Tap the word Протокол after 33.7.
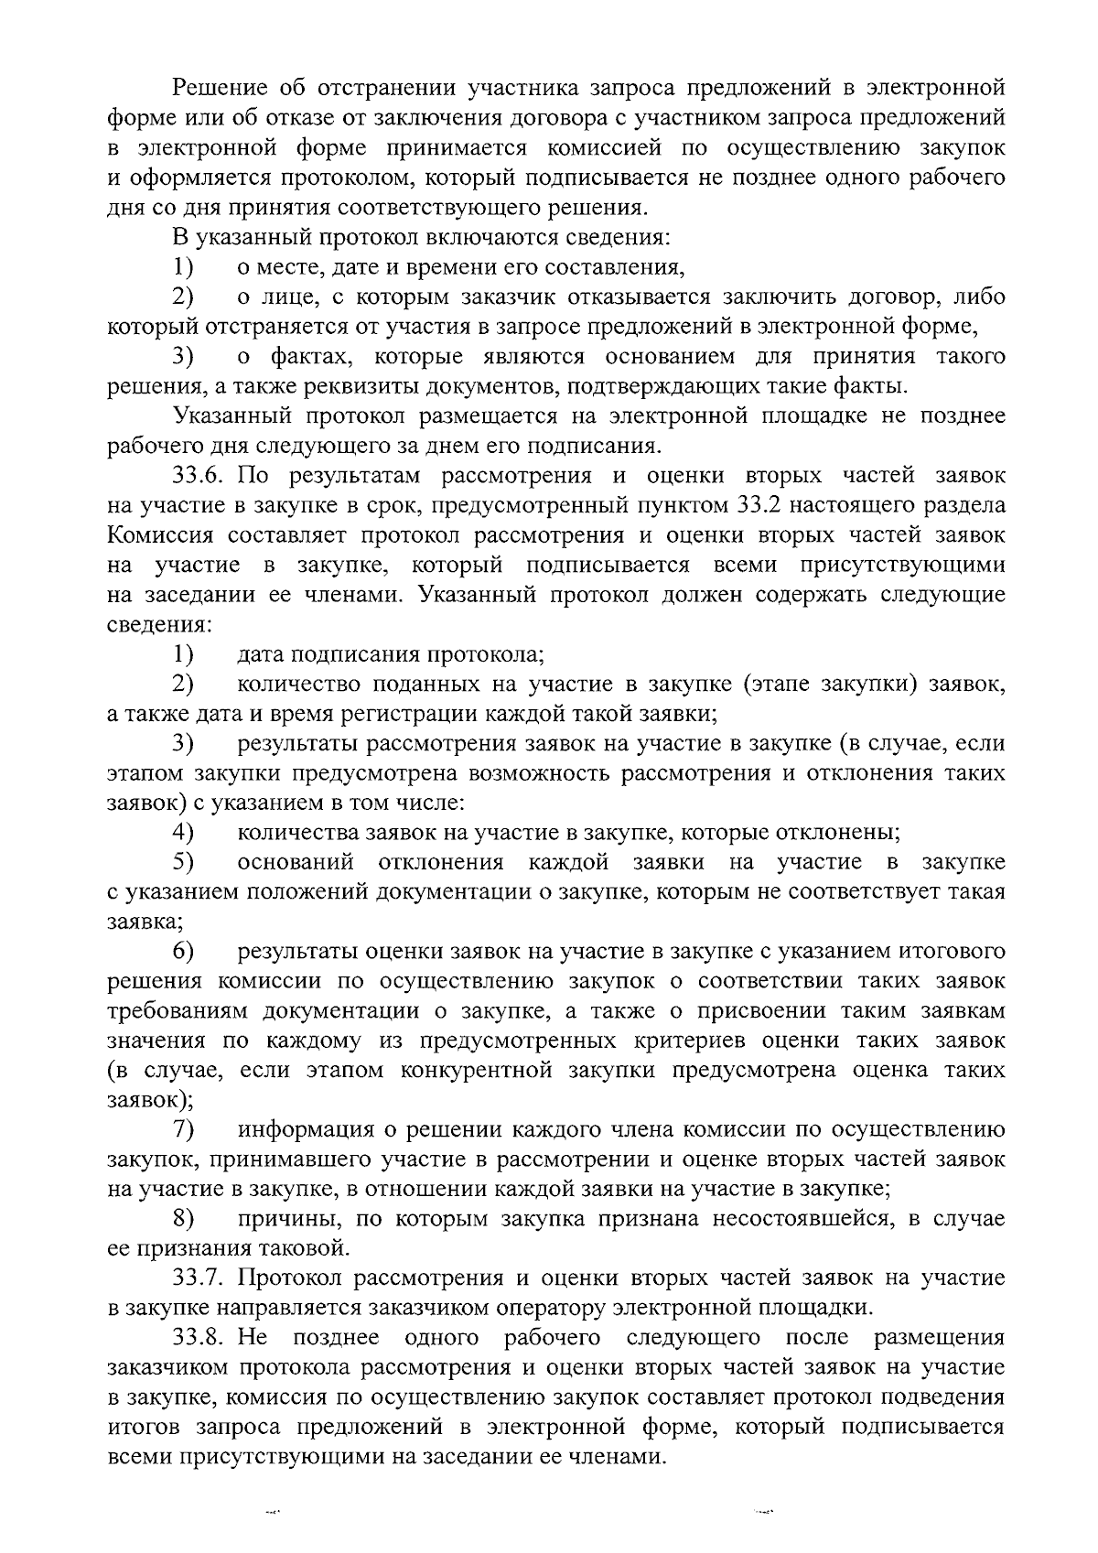(292, 1278)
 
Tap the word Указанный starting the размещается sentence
(232, 416)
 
